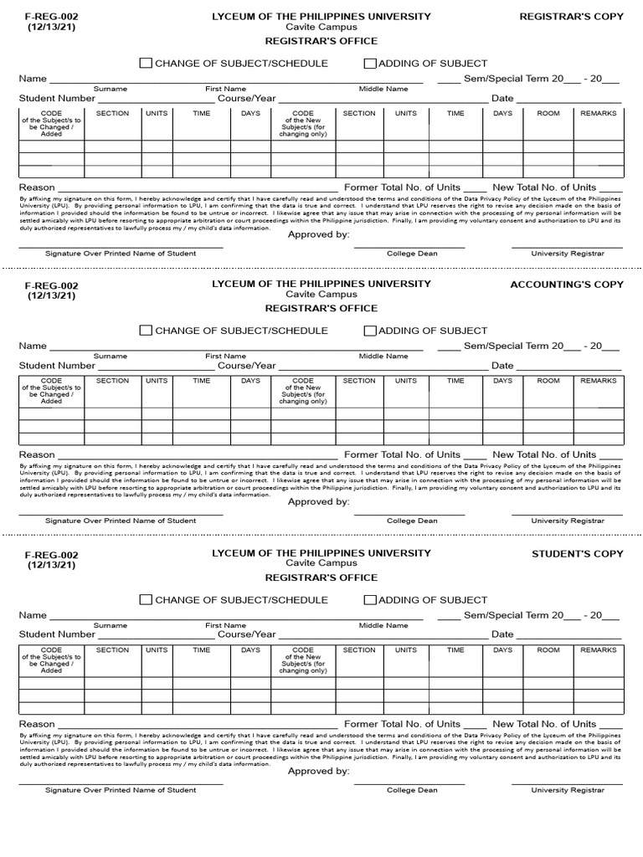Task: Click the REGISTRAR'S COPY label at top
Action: click(x=572, y=17)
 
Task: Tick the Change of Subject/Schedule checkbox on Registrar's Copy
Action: click(x=146, y=64)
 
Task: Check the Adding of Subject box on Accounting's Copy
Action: click(x=370, y=331)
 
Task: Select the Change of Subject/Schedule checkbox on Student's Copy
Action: click(x=146, y=600)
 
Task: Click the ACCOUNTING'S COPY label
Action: click(x=567, y=285)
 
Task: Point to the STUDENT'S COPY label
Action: click(x=578, y=554)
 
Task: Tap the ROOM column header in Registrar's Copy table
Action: click(x=548, y=113)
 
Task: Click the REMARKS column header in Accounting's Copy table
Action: click(x=598, y=381)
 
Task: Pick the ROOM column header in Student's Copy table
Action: click(x=548, y=650)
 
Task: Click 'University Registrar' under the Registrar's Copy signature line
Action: click(x=567, y=254)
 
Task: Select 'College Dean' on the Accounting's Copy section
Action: click(x=412, y=521)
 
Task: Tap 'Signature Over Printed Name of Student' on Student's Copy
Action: click(x=121, y=790)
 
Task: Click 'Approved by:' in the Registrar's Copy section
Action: click(x=318, y=235)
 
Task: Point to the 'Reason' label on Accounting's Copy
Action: click(x=37, y=455)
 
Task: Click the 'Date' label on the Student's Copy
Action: click(x=502, y=635)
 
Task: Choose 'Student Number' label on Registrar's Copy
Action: click(x=57, y=99)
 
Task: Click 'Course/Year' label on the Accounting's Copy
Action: click(x=246, y=366)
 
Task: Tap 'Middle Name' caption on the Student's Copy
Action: click(x=383, y=625)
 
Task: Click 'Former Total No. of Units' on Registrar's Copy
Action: click(x=402, y=187)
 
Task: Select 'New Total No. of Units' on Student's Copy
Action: click(x=544, y=725)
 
